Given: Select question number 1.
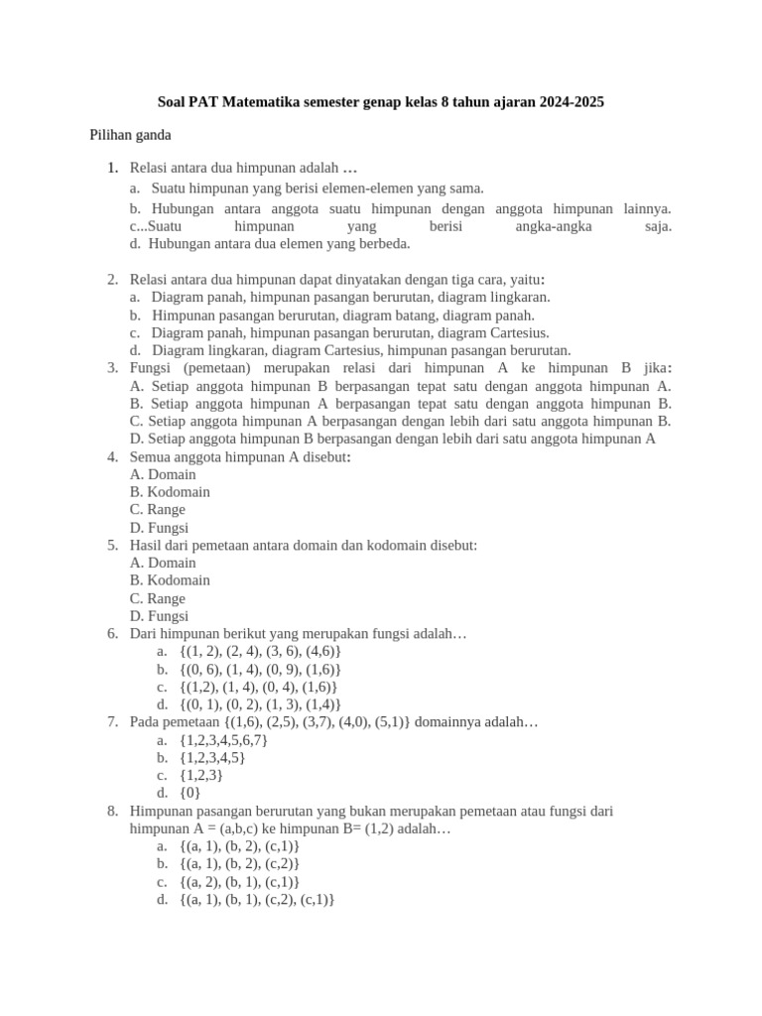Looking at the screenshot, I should (x=114, y=167).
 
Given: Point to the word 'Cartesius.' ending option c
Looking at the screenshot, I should (x=516, y=332).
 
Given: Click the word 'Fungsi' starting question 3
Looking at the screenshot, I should (x=151, y=368).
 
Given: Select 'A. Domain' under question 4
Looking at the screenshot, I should (x=163, y=474).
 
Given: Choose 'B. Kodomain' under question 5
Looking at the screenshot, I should (x=170, y=580).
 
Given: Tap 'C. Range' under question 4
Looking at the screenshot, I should (x=158, y=510).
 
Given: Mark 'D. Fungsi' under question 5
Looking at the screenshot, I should (x=159, y=616).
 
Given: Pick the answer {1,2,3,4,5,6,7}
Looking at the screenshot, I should (x=223, y=740).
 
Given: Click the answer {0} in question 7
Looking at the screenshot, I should (x=190, y=794).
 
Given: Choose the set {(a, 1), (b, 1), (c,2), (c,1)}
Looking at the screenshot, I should (x=257, y=900).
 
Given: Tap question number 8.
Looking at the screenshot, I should (x=113, y=812).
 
